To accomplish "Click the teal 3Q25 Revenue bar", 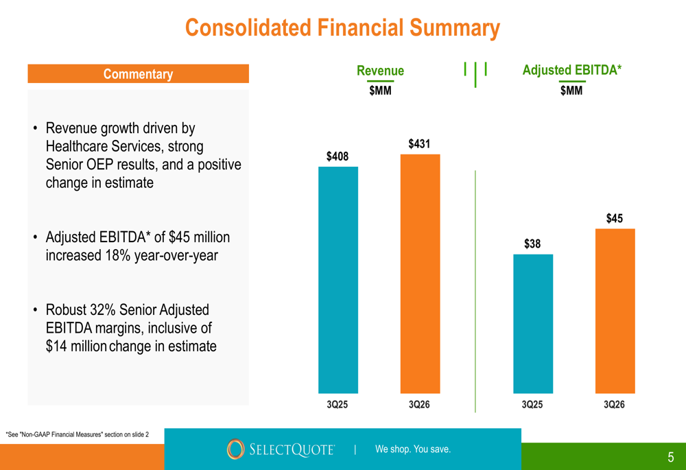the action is (x=338, y=280).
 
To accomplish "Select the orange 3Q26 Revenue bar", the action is (x=420, y=274).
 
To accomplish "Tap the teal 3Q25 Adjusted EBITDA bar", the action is (x=533, y=323).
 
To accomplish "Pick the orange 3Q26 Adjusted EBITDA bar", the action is (x=615, y=311).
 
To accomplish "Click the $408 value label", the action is (x=338, y=156).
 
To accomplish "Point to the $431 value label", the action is (x=419, y=144).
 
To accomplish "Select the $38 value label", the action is (x=532, y=244).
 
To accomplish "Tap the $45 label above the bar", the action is (x=614, y=218).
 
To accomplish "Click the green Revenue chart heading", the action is (x=380, y=71).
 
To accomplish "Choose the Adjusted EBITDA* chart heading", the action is (x=572, y=70).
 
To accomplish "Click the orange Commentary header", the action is (x=139, y=73).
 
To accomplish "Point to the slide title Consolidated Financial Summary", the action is (x=342, y=27).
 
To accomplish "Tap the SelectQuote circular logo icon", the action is (x=235, y=449).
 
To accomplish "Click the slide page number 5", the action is (x=671, y=458).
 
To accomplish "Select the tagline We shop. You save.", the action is (x=412, y=449).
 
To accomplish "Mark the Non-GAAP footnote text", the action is (x=77, y=434).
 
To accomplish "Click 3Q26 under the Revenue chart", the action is (x=419, y=404).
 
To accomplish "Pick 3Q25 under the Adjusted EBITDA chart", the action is (x=532, y=404).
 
